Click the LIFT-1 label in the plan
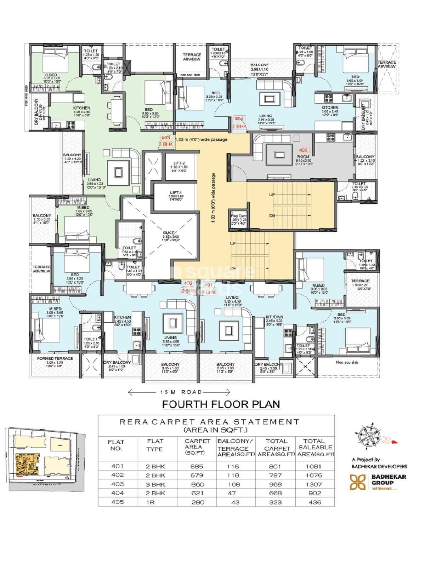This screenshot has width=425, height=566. coord(176,193)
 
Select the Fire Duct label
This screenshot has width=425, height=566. coord(238,216)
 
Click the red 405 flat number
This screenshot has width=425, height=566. coord(303,150)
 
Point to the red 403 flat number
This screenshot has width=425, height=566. coord(165,138)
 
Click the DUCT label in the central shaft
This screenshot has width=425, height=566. coord(169,233)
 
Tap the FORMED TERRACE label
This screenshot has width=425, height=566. coord(55,358)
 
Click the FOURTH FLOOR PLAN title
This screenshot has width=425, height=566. coord(221,404)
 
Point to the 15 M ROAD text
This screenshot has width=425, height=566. coord(181,392)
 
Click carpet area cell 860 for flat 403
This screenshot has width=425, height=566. coord(197,484)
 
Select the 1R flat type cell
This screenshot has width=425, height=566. coord(150,502)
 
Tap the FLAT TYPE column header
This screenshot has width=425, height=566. coord(155,445)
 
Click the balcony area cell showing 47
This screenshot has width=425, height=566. coord(235,493)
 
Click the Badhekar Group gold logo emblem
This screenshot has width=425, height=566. coord(357,482)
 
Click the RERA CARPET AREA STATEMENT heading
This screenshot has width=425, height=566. coord(210,422)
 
